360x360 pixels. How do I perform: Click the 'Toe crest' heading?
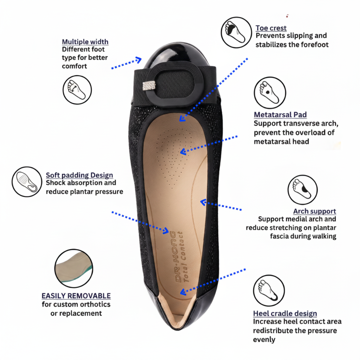click(x=271, y=28)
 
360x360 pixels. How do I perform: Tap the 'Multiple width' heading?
click(x=85, y=42)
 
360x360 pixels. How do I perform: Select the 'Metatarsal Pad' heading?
click(x=280, y=115)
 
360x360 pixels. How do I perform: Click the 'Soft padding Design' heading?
click(x=79, y=175)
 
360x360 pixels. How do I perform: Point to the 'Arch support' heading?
click(x=315, y=211)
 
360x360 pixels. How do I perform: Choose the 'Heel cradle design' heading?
click(x=285, y=313)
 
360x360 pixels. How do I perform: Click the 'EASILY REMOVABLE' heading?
click(x=76, y=296)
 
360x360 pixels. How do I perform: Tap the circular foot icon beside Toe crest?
click(x=236, y=32)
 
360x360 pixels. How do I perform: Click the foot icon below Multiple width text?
click(x=77, y=90)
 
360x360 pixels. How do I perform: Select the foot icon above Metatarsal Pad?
click(x=270, y=93)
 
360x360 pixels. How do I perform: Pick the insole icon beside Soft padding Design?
click(x=27, y=182)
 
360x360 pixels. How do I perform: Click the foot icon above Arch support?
click(x=303, y=189)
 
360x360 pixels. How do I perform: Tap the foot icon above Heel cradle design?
click(x=269, y=290)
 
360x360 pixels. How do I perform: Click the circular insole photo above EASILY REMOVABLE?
click(x=74, y=268)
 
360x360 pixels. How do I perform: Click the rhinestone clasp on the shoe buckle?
click(x=149, y=86)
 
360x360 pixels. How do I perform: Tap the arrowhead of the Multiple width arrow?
click(x=139, y=60)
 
